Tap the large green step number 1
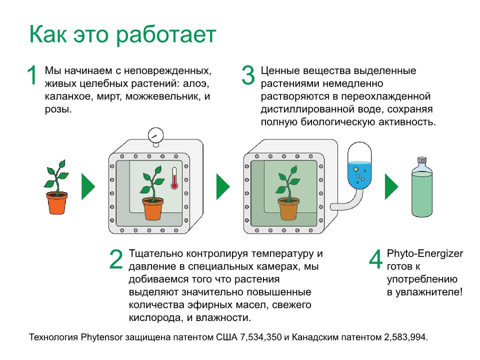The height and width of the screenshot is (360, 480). (x=32, y=74)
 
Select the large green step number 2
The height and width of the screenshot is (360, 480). (x=116, y=259)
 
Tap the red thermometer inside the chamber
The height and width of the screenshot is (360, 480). (x=174, y=178)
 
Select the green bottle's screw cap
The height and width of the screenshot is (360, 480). (x=422, y=160)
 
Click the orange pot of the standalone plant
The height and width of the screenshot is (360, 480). (x=57, y=203)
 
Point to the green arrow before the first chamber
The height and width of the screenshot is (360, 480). (x=88, y=186)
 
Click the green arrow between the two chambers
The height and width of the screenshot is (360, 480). (x=223, y=186)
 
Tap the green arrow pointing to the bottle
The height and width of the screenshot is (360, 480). (x=391, y=186)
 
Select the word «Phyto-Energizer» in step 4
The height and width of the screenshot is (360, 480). (x=425, y=254)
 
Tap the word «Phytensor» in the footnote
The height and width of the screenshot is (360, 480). (x=101, y=337)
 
